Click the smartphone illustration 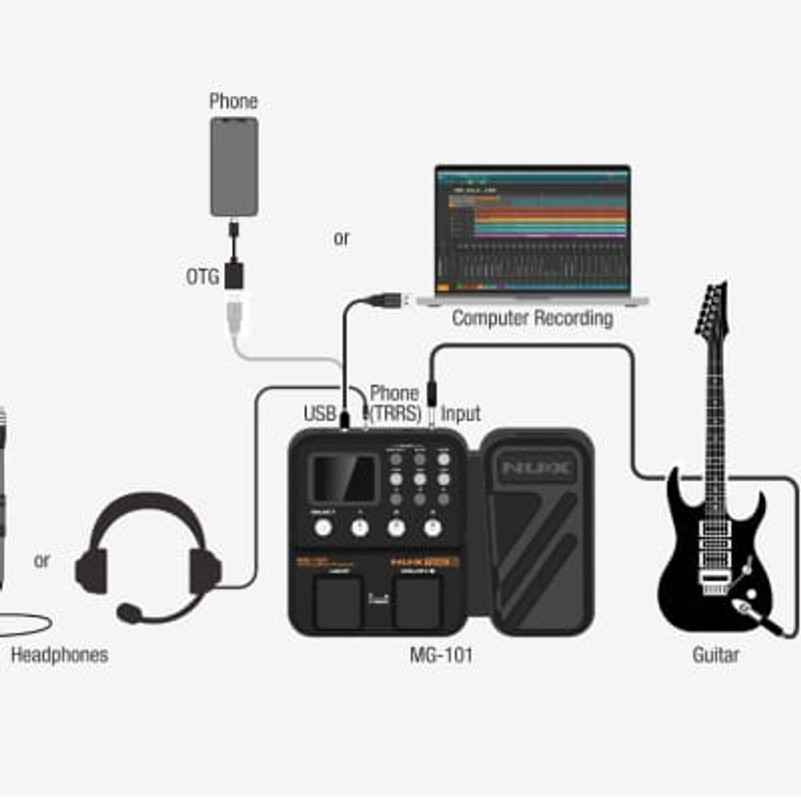point(234,167)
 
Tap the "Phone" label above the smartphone point(233,101)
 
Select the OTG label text point(203,277)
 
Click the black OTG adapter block point(234,276)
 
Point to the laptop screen point(533,230)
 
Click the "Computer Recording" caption point(533,319)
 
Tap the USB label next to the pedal point(320,414)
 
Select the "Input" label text point(461,414)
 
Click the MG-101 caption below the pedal point(441,655)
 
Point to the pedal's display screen point(344,479)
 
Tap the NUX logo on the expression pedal point(536,467)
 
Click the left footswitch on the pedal point(338,602)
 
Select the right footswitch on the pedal point(418,602)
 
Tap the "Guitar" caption point(716,655)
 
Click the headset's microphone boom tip point(130,613)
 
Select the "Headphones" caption point(60,655)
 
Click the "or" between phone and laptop point(342,238)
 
